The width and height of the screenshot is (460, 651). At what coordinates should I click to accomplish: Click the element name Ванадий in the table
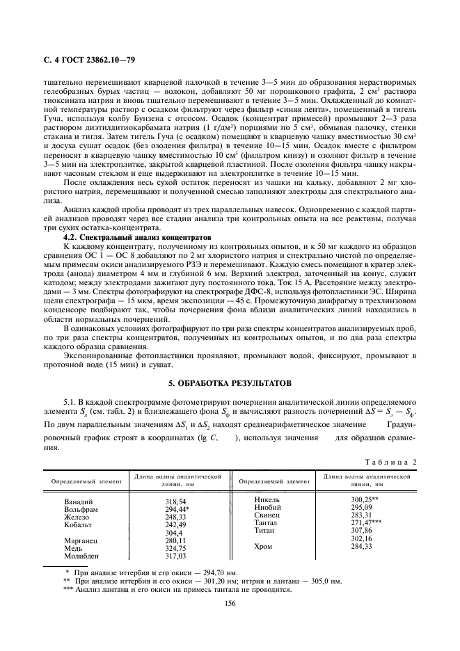[x=77, y=501]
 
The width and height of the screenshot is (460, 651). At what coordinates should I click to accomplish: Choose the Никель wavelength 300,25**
[x=365, y=499]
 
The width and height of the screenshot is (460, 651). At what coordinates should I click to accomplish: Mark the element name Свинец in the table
[x=267, y=515]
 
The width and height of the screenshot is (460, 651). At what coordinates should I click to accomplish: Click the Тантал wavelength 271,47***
[x=367, y=522]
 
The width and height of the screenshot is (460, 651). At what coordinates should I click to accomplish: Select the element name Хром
[x=264, y=547]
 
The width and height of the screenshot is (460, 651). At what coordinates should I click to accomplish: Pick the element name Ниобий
[x=268, y=507]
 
